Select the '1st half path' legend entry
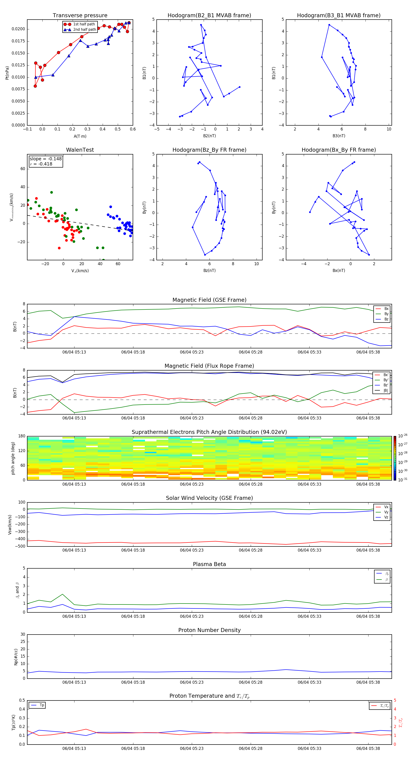pyautogui.click(x=84, y=24)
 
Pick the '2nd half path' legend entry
pyautogui.click(x=84, y=30)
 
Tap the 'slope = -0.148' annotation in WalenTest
pyautogui.click(x=46, y=159)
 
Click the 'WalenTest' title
pyautogui.click(x=80, y=150)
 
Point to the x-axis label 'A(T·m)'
pyautogui.click(x=80, y=136)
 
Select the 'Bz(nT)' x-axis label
pyautogui.click(x=209, y=271)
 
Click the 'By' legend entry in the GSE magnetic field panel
pyautogui.click(x=386, y=314)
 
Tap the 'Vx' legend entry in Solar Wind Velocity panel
pyautogui.click(x=386, y=507)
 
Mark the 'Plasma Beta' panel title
pyautogui.click(x=209, y=564)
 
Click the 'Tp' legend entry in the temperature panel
pyautogui.click(x=42, y=705)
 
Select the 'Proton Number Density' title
pyautogui.click(x=209, y=630)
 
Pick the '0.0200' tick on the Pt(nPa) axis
pyautogui.click(x=18, y=29)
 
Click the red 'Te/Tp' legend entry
pyautogui.click(x=384, y=706)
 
